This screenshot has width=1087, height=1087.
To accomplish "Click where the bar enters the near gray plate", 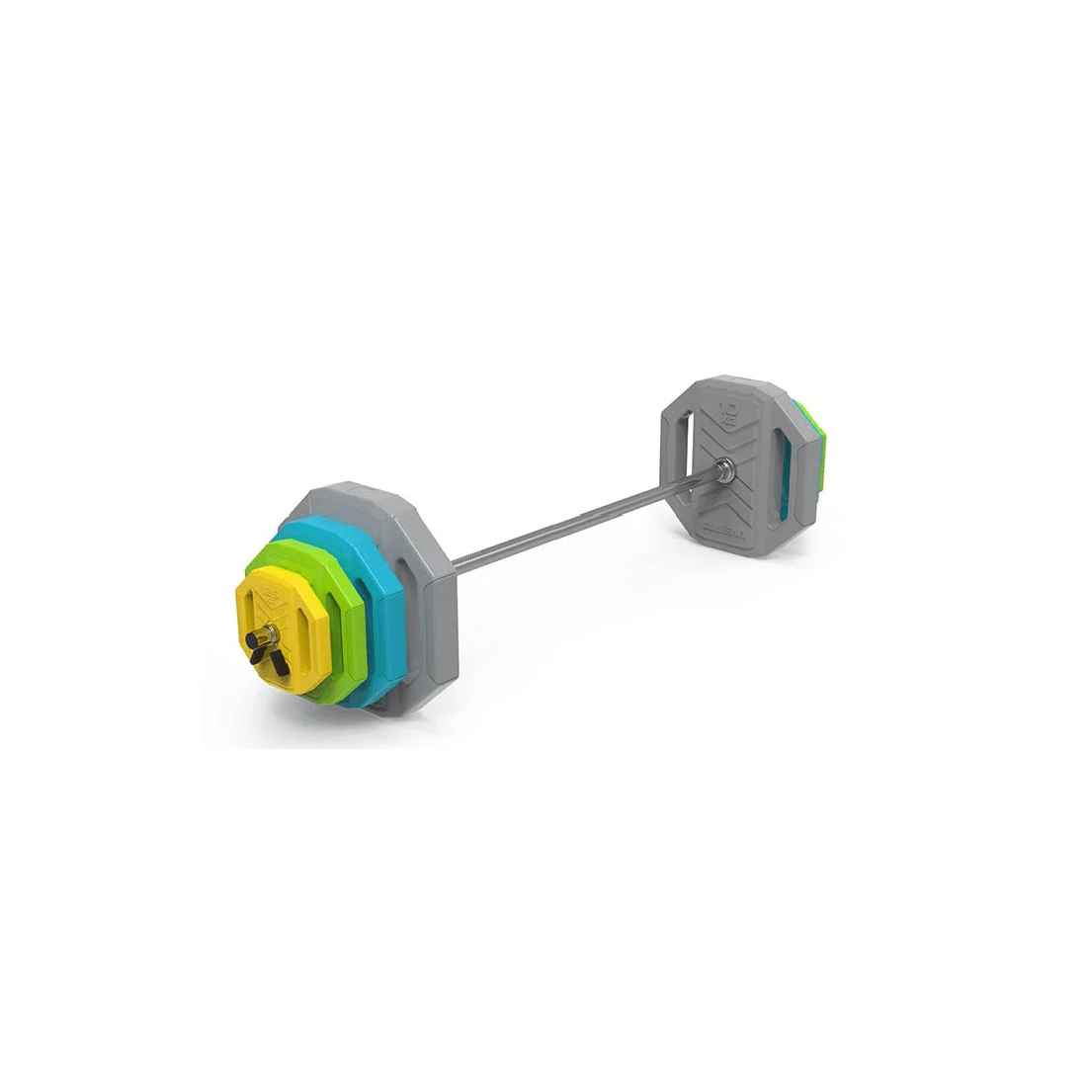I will [x=456, y=566].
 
